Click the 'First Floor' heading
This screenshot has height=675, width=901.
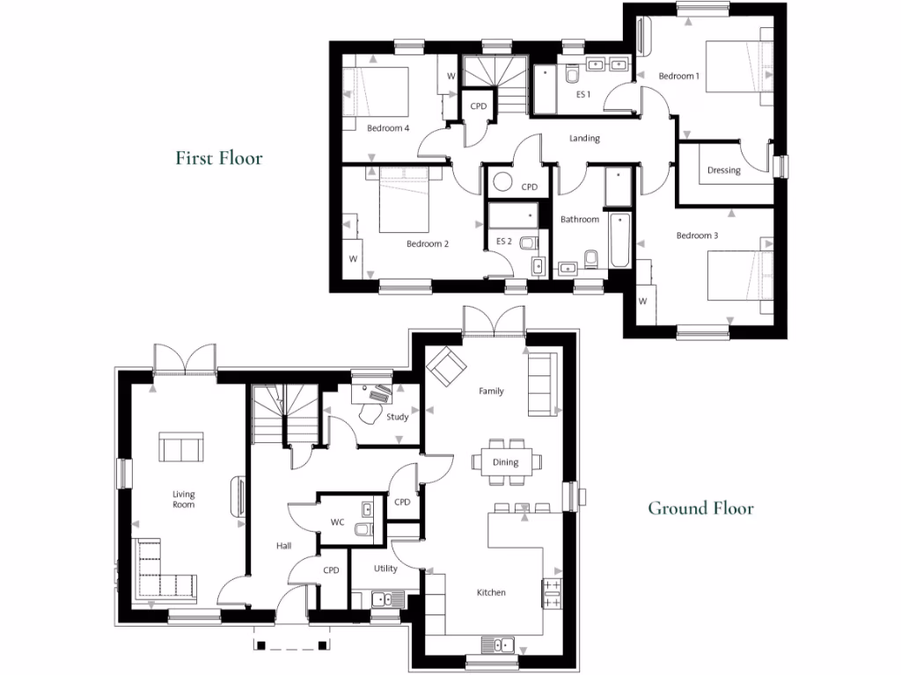click(219, 158)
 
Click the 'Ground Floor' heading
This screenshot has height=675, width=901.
click(700, 508)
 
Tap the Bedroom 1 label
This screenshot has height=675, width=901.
click(678, 76)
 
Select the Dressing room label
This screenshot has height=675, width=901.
click(723, 171)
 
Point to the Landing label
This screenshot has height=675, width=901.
click(584, 138)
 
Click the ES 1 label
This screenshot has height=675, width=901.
click(582, 94)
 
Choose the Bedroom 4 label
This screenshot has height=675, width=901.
click(388, 128)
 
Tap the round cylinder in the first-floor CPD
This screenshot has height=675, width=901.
click(503, 182)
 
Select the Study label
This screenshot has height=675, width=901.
click(398, 417)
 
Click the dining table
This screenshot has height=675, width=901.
click(506, 462)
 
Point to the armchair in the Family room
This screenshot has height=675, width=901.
click(443, 366)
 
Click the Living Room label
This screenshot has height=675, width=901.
click(183, 499)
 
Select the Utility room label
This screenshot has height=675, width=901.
click(385, 569)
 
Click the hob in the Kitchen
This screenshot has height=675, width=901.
click(553, 593)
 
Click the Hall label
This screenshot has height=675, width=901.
click(283, 546)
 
